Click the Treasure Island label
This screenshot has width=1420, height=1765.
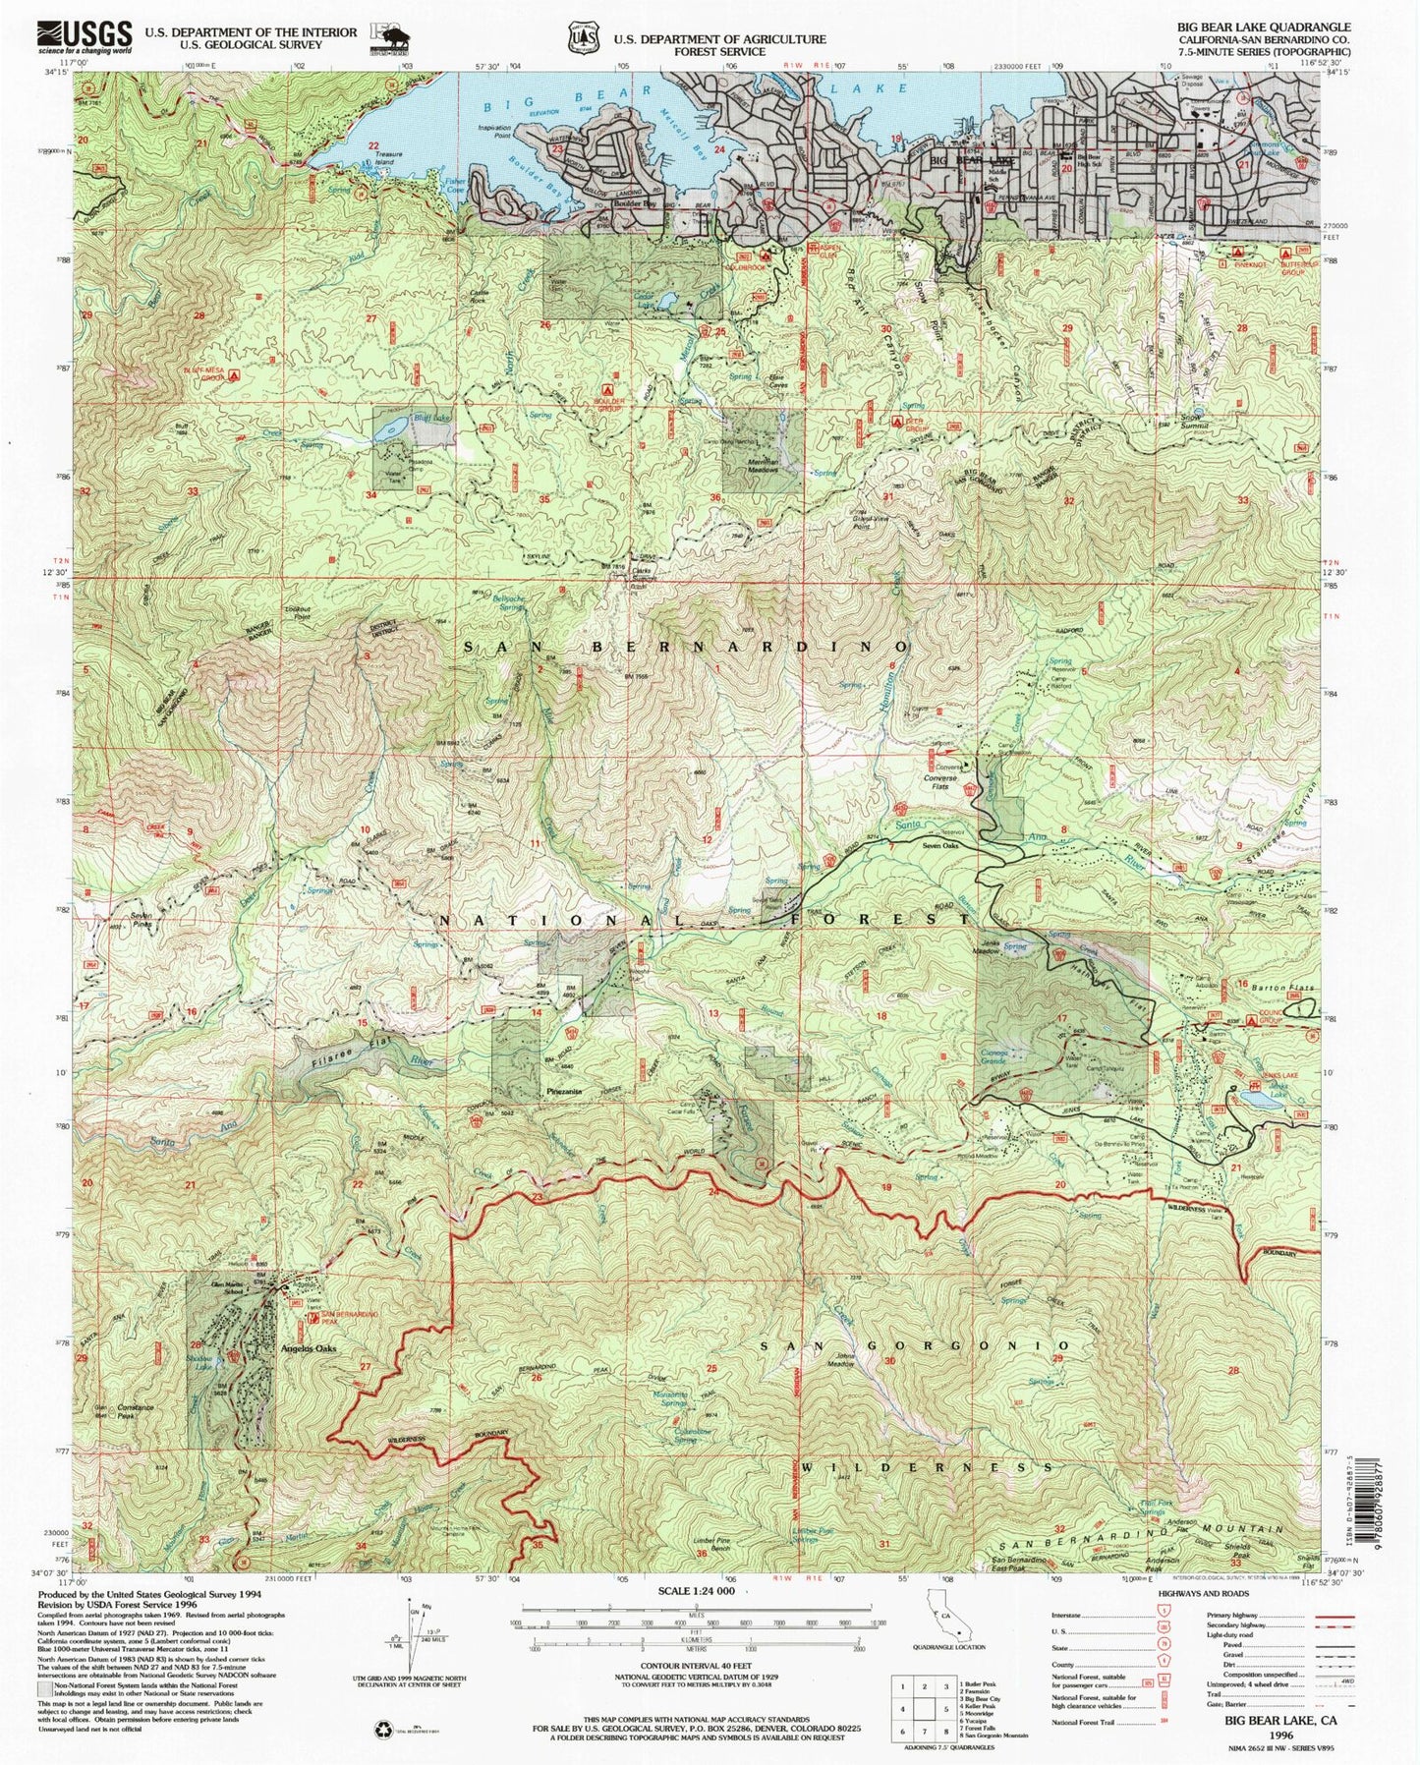(390, 156)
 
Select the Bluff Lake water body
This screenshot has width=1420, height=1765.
(389, 427)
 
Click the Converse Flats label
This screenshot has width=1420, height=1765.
(941, 782)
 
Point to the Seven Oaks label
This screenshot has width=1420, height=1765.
(939, 845)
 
